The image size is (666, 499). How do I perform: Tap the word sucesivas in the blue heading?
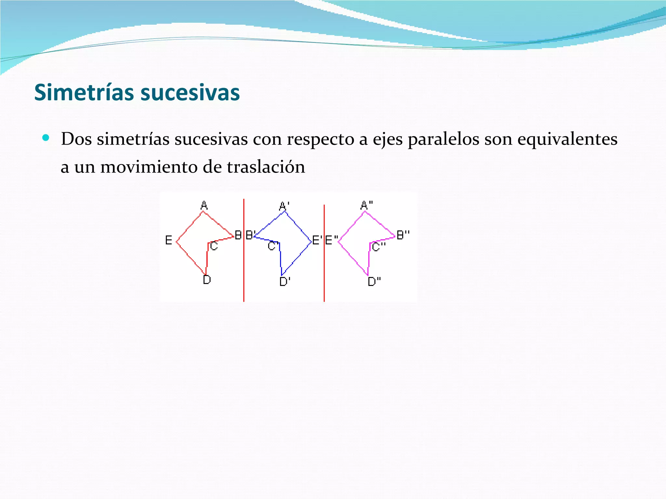(190, 93)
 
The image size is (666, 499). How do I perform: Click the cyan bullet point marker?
(46, 138)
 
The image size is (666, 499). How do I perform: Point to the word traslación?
(266, 168)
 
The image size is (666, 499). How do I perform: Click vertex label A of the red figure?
(204, 205)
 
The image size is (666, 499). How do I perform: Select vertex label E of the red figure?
(168, 240)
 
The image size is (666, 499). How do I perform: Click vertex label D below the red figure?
(207, 280)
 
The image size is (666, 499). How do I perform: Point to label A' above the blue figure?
(284, 206)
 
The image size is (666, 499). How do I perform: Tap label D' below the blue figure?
(285, 281)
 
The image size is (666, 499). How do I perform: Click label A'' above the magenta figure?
(366, 205)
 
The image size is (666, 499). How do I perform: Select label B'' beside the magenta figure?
(403, 235)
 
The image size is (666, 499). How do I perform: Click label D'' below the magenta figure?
(374, 281)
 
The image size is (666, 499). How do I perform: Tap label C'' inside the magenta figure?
(378, 247)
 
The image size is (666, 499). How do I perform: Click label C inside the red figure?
(214, 246)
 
